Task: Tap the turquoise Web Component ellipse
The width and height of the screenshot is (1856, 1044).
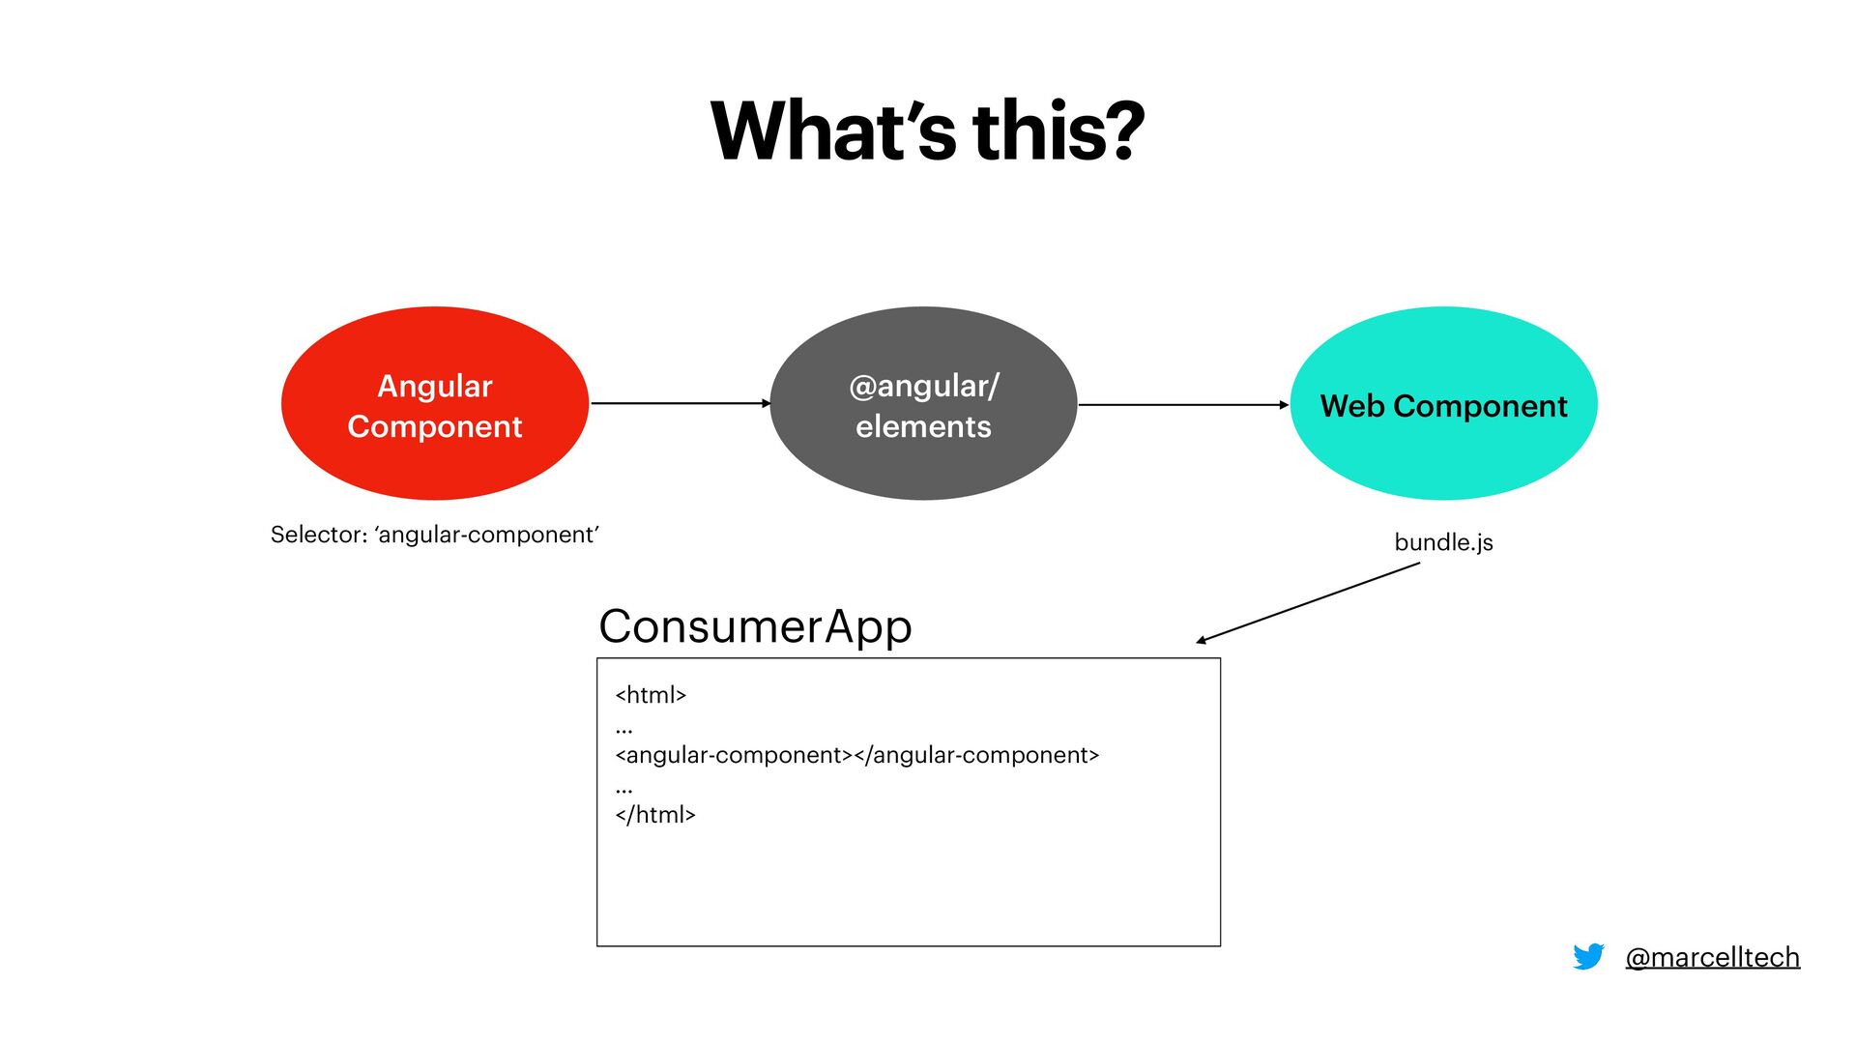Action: click(1443, 454)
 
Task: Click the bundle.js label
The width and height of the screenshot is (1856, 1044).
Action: click(1443, 542)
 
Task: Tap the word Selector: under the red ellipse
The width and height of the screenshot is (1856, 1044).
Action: click(318, 535)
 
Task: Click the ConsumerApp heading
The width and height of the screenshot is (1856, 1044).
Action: click(755, 626)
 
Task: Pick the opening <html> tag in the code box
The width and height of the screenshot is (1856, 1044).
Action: click(651, 695)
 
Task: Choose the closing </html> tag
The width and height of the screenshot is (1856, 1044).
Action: click(655, 815)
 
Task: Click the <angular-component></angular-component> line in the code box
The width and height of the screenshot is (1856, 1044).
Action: click(857, 755)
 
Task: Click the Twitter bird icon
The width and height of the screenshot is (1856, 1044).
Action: click(1588, 956)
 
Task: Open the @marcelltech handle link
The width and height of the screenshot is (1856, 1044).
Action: click(1712, 957)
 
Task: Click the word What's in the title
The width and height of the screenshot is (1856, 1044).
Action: click(833, 131)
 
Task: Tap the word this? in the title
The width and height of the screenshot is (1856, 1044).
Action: click(1058, 131)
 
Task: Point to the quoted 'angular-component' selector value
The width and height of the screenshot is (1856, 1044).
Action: click(487, 535)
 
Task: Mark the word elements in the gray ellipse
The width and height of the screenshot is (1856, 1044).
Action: click(923, 426)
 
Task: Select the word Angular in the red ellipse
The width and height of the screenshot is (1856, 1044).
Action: click(435, 386)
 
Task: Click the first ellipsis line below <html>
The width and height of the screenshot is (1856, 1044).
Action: click(623, 728)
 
